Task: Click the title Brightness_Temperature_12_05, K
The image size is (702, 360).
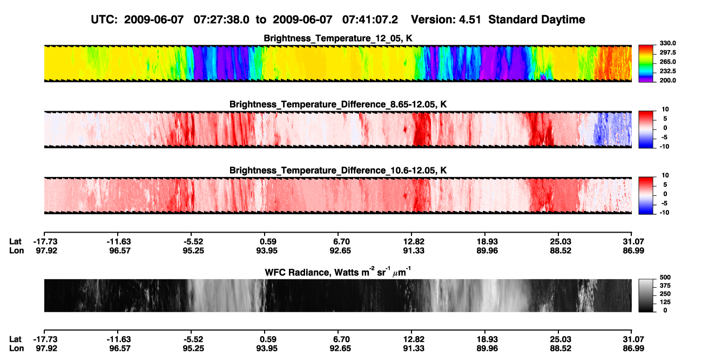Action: [x=337, y=38]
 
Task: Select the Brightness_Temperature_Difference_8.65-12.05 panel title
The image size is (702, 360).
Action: [x=337, y=104]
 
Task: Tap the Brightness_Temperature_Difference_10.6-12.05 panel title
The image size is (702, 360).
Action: [x=337, y=171]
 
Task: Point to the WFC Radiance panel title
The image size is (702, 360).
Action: [x=337, y=271]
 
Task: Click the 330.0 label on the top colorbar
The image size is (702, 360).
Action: [x=667, y=43]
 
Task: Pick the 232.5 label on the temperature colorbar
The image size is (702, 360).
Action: [x=667, y=71]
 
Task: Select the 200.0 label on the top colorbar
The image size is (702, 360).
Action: [x=667, y=80]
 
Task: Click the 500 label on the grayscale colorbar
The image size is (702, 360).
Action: [x=665, y=277]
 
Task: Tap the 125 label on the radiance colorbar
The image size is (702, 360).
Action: [x=665, y=302]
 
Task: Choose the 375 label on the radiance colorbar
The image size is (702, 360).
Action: [x=665, y=286]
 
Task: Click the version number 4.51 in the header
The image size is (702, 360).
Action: [x=470, y=19]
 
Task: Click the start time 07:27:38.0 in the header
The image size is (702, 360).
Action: [x=221, y=19]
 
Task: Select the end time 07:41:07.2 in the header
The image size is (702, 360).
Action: [x=370, y=19]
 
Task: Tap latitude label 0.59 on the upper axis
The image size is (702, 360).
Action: [x=268, y=242]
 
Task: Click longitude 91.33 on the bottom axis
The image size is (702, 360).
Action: [x=414, y=349]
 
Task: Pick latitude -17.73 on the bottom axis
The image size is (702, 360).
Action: [x=45, y=339]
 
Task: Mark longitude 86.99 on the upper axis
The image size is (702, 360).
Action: [x=633, y=250]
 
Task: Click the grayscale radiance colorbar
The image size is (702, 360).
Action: [x=646, y=295]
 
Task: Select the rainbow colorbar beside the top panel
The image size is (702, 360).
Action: [x=646, y=64]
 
